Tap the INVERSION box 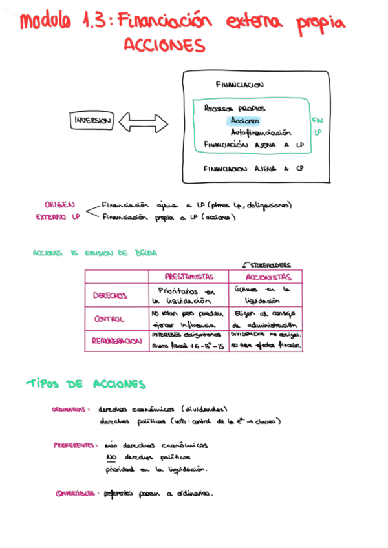92,121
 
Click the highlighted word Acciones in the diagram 245,121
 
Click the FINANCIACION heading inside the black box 239,85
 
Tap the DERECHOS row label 110,295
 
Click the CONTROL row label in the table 109,319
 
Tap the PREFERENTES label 74,445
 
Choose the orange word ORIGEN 59,205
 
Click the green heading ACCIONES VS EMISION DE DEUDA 94,253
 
